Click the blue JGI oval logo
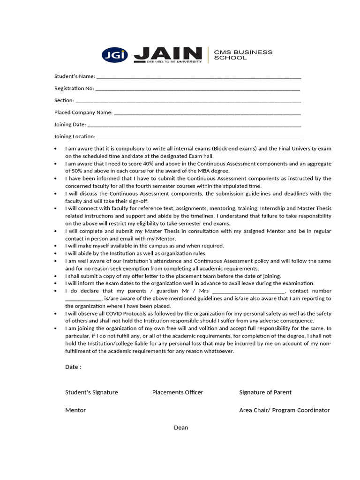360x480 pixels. click(x=114, y=55)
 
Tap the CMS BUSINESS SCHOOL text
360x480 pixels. click(x=243, y=55)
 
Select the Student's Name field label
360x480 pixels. click(x=75, y=76)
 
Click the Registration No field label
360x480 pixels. click(x=74, y=88)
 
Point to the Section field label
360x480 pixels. click(x=64, y=100)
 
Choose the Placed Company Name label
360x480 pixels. click(x=83, y=112)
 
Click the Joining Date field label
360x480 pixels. click(x=70, y=125)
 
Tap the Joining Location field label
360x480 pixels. click(x=75, y=137)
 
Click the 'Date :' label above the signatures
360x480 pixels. click(x=73, y=367)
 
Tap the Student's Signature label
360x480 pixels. click(x=91, y=392)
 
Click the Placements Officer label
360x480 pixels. click(x=178, y=392)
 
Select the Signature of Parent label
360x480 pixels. click(x=265, y=392)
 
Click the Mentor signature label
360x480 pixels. click(x=75, y=410)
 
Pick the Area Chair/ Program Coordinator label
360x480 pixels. click(x=284, y=410)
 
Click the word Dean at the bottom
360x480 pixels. click(x=181, y=427)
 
